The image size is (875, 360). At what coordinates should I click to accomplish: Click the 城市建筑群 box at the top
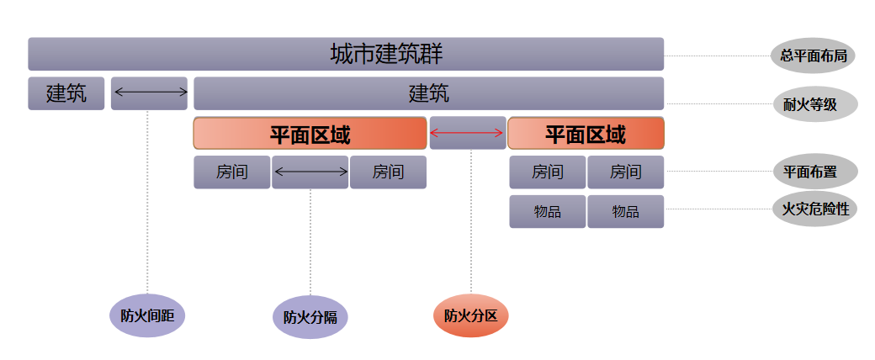coord(346,54)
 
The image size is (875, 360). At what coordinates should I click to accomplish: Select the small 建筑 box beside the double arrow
coord(66,93)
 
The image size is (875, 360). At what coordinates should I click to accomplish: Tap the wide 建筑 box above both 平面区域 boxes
coord(428,93)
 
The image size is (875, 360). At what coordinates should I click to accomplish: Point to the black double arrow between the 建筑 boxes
coord(150,93)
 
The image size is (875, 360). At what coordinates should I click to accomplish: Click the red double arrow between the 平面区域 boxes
coord(468,133)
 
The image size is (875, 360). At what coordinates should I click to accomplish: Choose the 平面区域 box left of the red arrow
coord(310,133)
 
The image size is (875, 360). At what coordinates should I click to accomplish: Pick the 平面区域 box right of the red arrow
coord(586,133)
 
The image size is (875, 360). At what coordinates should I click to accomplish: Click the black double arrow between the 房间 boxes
coord(310,172)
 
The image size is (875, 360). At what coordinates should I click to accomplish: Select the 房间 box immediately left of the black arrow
coord(232,172)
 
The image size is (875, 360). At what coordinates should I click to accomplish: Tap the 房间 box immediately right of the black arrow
coord(388,172)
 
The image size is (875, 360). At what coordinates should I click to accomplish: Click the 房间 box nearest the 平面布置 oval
coord(625,172)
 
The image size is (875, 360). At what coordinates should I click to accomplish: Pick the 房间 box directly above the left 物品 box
coord(547,172)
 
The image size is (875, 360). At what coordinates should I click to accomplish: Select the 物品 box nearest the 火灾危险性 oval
coord(625,212)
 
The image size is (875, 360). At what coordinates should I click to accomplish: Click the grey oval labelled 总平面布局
coord(813,56)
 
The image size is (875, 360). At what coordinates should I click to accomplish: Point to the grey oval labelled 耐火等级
coord(813,104)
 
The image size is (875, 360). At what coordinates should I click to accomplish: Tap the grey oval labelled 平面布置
coord(813,172)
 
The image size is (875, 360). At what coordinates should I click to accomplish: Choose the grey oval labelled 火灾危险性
coord(813,208)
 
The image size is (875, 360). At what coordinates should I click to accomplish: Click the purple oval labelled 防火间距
coord(147,316)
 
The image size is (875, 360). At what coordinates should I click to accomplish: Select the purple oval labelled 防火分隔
coord(310,317)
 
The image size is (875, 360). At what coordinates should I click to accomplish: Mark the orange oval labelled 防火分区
coord(471,316)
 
